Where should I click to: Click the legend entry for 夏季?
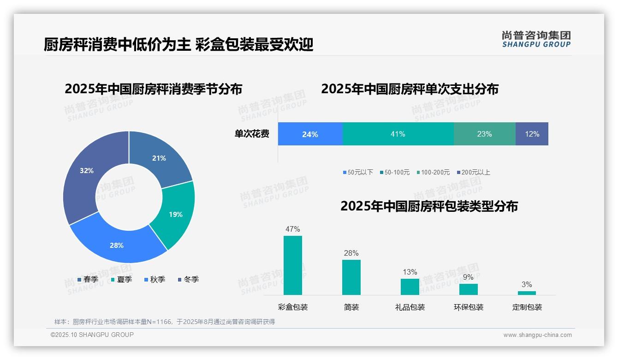click(x=121, y=279)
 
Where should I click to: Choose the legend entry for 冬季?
click(x=188, y=279)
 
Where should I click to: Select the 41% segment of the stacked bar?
click(x=398, y=134)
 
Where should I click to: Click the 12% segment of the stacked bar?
click(x=532, y=134)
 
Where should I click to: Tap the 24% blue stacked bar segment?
click(x=310, y=134)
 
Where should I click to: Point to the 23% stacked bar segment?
click(x=484, y=134)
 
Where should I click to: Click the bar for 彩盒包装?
click(x=293, y=265)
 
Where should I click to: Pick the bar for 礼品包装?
click(x=410, y=287)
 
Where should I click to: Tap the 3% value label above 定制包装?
click(x=527, y=284)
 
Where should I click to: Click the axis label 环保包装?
click(x=469, y=307)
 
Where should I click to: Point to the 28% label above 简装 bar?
click(x=351, y=253)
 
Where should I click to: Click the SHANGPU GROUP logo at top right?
click(x=536, y=39)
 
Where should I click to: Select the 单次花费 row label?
click(x=252, y=134)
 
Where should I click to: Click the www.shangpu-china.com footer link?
click(x=537, y=335)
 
